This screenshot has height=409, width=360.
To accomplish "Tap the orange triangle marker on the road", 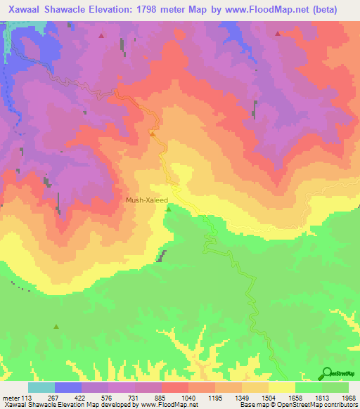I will [152, 133].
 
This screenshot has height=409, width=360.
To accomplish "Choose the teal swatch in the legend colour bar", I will [41, 387].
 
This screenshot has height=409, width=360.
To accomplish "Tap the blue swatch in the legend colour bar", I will [68, 387].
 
